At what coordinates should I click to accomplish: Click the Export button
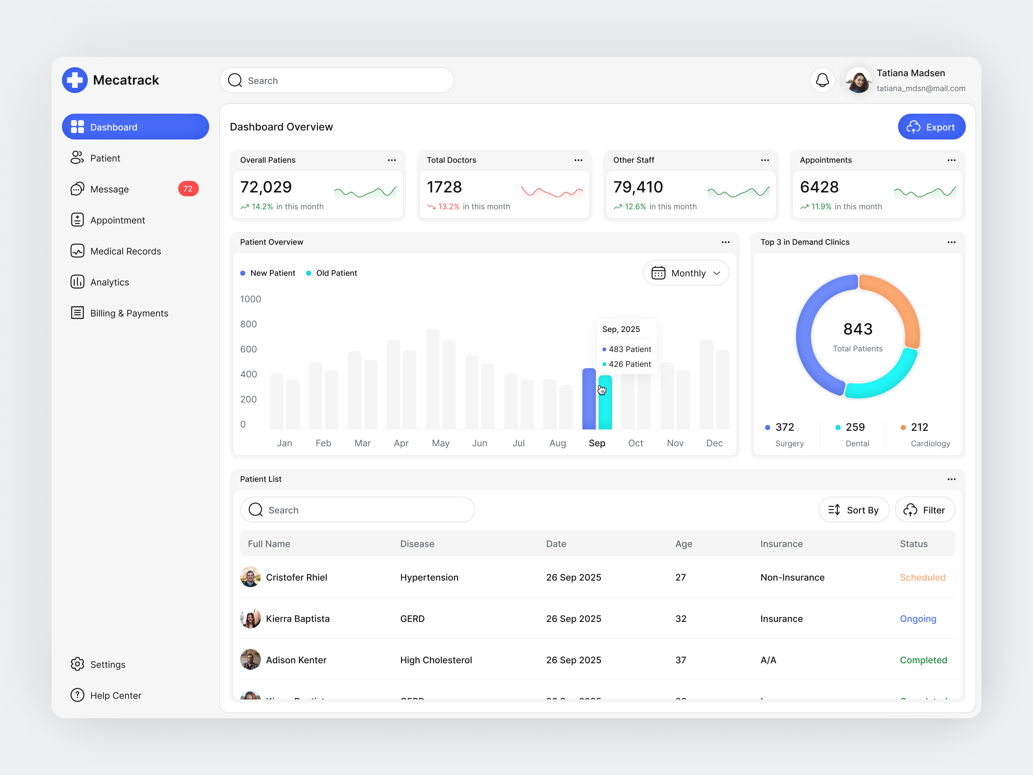tap(931, 127)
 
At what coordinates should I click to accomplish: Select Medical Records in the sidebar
tap(125, 251)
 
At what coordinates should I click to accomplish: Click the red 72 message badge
tap(188, 189)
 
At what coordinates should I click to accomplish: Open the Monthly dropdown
tap(686, 273)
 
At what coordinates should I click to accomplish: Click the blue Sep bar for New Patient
tap(589, 399)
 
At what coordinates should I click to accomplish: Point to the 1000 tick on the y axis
tap(250, 299)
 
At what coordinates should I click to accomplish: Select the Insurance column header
tap(781, 544)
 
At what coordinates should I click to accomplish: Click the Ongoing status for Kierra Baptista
tap(918, 619)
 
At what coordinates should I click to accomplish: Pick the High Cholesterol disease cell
tap(436, 660)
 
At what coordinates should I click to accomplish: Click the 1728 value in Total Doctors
tap(444, 187)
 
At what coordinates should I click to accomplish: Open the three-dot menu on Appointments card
tap(951, 160)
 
